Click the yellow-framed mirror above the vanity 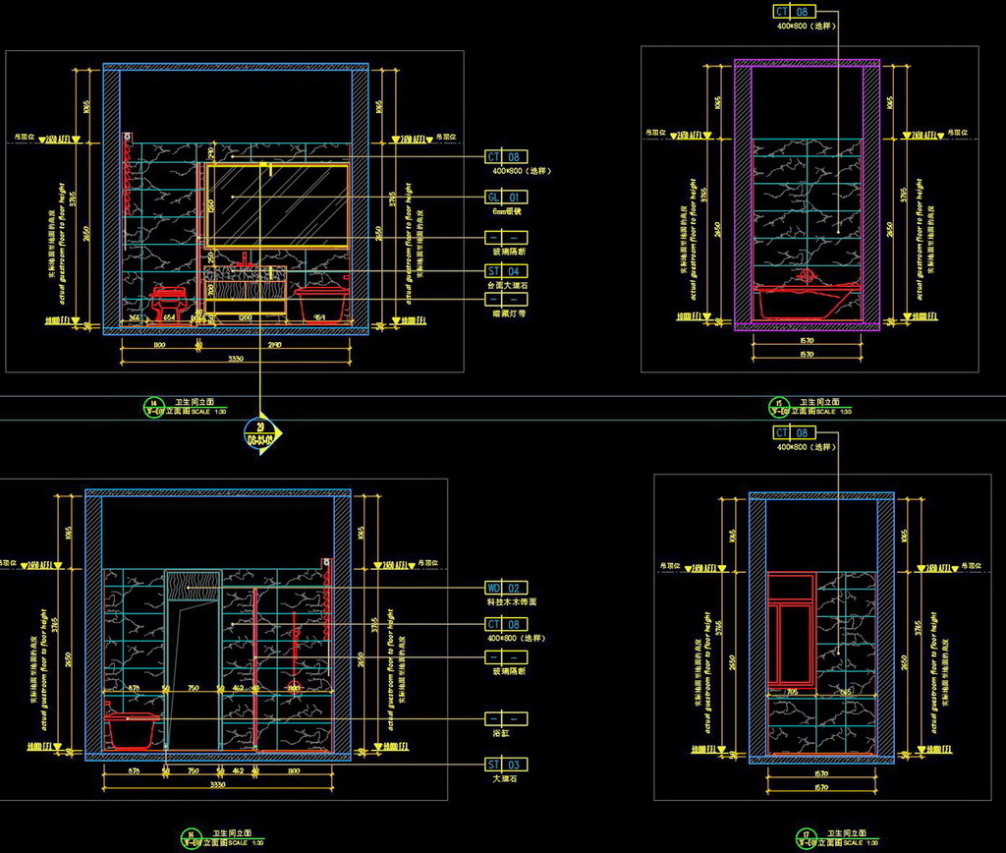pos(278,204)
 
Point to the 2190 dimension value pos(274,346)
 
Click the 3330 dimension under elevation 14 pos(236,360)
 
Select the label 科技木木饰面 pos(512,601)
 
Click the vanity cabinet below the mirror pos(246,288)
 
